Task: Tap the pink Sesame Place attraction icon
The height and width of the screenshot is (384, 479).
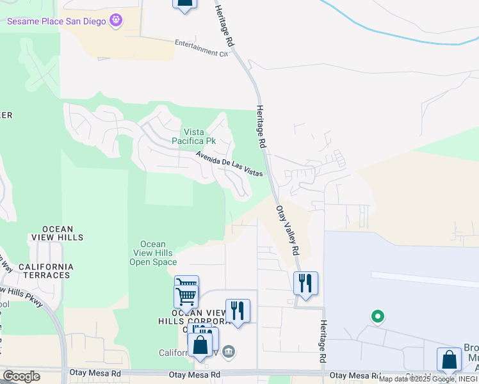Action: point(115,20)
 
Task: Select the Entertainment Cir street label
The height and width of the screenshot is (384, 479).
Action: point(201,49)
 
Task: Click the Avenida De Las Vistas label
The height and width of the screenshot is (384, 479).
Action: point(229,163)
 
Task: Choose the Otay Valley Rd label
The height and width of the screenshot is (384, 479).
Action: point(288,230)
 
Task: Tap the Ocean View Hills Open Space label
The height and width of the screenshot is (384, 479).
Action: point(153,253)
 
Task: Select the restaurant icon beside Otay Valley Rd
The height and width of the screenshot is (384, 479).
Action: point(305,282)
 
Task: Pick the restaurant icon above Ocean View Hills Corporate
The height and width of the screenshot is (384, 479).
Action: point(238,310)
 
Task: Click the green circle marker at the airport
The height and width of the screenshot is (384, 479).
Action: point(378,316)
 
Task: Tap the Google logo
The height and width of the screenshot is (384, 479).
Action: point(21,376)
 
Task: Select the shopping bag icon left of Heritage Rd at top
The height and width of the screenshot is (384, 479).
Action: point(184,3)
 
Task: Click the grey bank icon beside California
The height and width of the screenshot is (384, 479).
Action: point(229,351)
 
